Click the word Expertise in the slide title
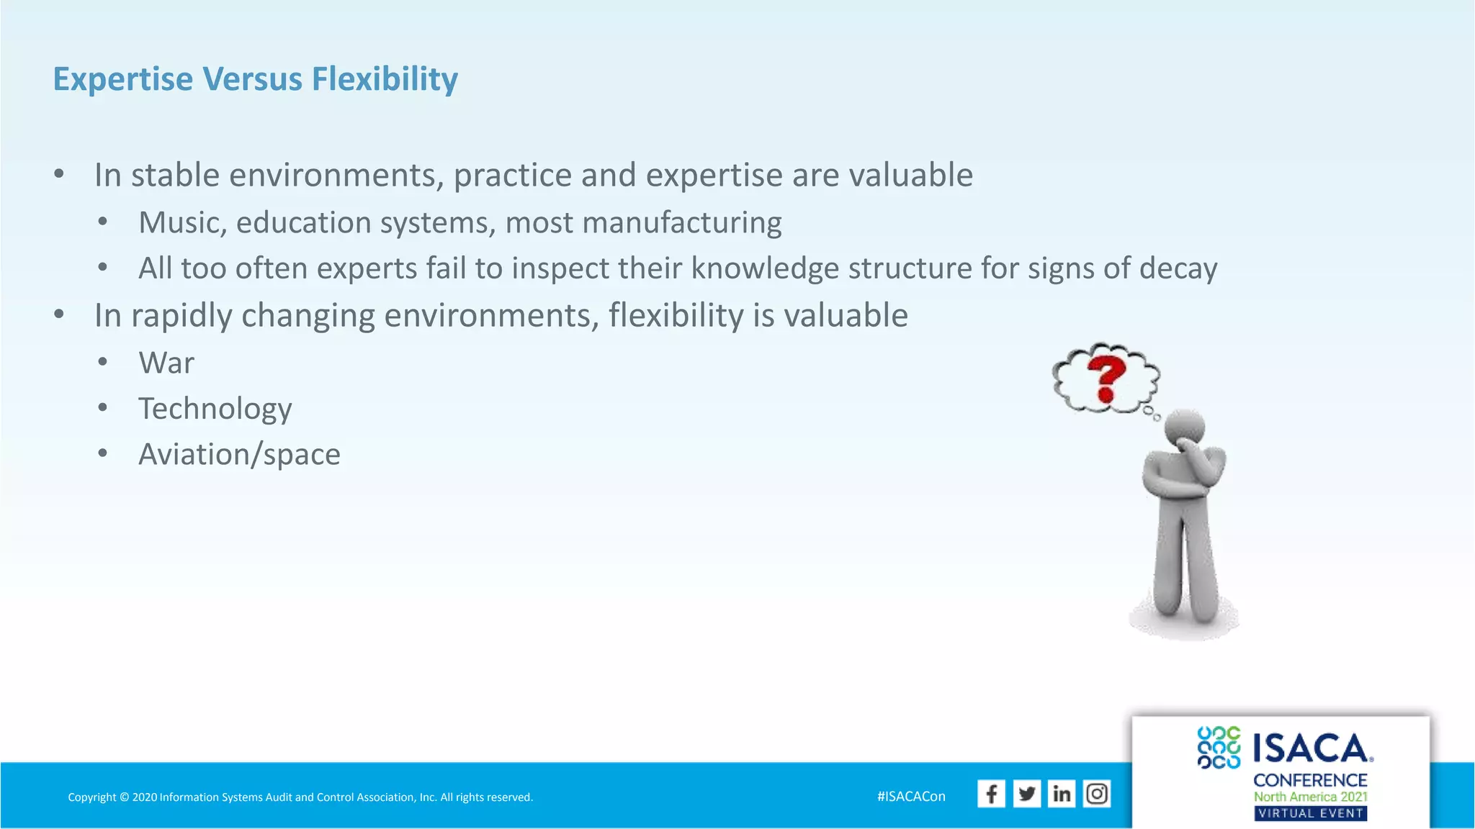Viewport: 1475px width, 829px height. [x=123, y=79]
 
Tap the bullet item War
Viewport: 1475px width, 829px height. [x=166, y=363]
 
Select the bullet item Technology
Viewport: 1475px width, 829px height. [x=215, y=409]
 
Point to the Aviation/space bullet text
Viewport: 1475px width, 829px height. [x=239, y=454]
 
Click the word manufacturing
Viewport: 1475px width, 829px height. [x=681, y=223]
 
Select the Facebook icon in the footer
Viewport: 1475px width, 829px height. [x=991, y=794]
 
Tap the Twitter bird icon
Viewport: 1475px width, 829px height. [x=1026, y=794]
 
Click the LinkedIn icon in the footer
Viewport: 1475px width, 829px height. [x=1062, y=794]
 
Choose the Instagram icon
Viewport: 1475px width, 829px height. [x=1097, y=794]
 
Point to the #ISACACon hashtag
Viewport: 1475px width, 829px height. [x=911, y=797]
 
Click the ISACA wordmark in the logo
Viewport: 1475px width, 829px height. [x=1312, y=748]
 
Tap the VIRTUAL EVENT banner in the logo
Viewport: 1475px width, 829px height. [x=1310, y=813]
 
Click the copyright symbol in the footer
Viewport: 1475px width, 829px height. [x=124, y=797]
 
